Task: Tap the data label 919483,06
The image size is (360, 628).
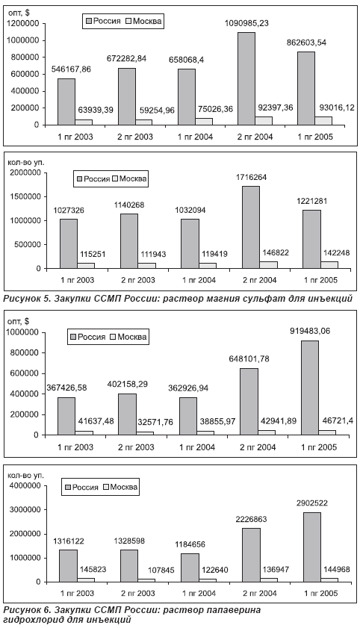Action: tap(312, 332)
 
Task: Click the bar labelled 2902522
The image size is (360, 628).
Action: tap(311, 547)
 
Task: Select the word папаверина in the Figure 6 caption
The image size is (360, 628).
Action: tap(236, 610)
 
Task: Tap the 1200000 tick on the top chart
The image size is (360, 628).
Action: tap(23, 24)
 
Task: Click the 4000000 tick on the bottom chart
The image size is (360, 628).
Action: tap(25, 486)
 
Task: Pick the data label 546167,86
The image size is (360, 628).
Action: tap(71, 69)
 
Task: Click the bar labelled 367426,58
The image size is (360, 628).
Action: tap(66, 416)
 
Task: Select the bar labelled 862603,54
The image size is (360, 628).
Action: tap(306, 88)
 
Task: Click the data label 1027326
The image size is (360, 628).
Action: tap(69, 211)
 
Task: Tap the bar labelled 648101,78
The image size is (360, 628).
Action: tap(249, 402)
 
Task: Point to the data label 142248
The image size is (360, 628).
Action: tap(335, 252)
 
